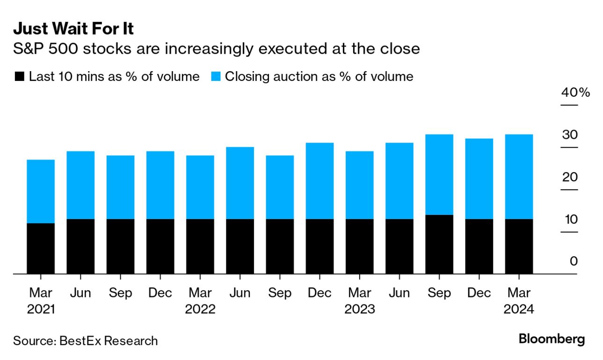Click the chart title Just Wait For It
pyautogui.click(x=73, y=29)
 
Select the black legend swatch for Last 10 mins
pyautogui.click(x=19, y=77)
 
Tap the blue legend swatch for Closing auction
pyautogui.click(x=215, y=77)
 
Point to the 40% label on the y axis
pyautogui.click(x=576, y=93)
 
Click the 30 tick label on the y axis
pyautogui.click(x=570, y=135)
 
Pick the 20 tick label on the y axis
pyautogui.click(x=570, y=177)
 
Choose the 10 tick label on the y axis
pyautogui.click(x=570, y=219)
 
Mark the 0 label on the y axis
pyautogui.click(x=574, y=261)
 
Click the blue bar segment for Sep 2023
pyautogui.click(x=439, y=174)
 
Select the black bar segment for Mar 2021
pyautogui.click(x=41, y=248)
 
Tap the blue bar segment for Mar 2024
pyautogui.click(x=519, y=177)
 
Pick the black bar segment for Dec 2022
pyautogui.click(x=320, y=246)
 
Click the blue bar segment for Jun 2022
pyautogui.click(x=240, y=183)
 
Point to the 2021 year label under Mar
pyautogui.click(x=41, y=310)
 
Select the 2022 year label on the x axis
pyautogui.click(x=200, y=310)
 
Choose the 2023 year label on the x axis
pyautogui.click(x=359, y=310)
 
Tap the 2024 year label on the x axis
pyautogui.click(x=519, y=310)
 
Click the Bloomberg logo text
pyautogui.click(x=552, y=339)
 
